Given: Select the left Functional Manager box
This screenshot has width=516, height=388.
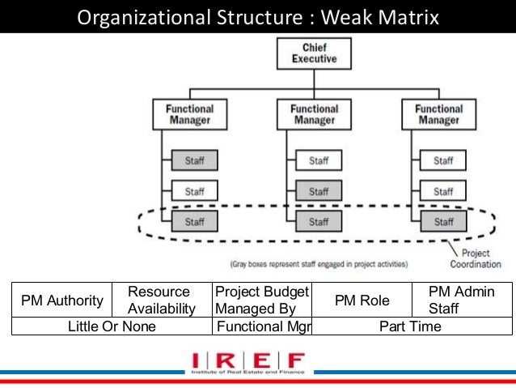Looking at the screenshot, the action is (x=189, y=113).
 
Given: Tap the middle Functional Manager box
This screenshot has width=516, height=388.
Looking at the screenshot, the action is (x=314, y=113).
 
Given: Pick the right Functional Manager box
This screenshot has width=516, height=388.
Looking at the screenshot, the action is (x=439, y=113).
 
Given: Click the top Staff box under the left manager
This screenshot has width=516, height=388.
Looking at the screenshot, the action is (x=194, y=161).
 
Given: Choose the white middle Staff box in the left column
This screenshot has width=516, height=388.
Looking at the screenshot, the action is (x=194, y=191).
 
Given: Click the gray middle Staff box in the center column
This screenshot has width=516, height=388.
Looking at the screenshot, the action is (x=319, y=191).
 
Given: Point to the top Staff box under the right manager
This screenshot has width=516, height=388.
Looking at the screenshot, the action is (x=443, y=161).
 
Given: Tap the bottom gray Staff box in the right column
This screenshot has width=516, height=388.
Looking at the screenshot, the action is (x=443, y=221).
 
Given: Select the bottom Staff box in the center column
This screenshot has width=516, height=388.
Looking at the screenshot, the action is (x=319, y=221).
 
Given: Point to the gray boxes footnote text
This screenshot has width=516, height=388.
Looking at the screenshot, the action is (x=319, y=263).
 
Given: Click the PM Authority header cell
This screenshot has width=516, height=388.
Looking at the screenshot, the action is (x=62, y=301).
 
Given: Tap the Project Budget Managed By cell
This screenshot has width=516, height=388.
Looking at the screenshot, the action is (x=261, y=300).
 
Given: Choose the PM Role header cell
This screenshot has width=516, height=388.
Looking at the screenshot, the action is (x=363, y=301).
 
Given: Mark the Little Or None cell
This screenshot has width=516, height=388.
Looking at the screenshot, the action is (x=112, y=326).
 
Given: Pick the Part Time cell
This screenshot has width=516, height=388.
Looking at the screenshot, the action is (x=412, y=326).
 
